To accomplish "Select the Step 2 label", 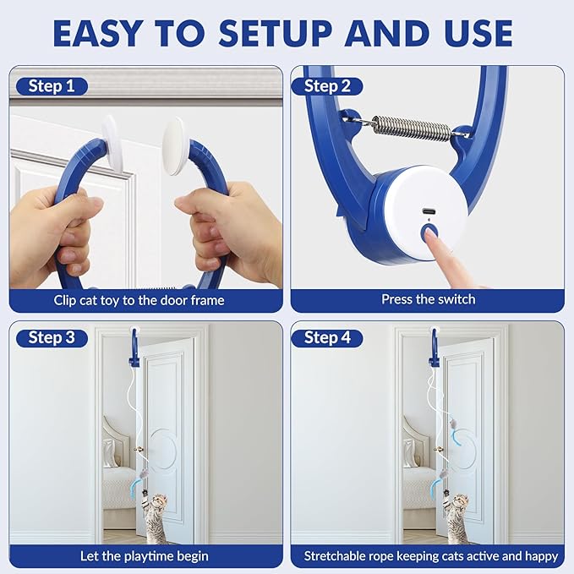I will [327, 86].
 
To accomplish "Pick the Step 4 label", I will [327, 338].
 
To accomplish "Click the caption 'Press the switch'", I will [428, 299].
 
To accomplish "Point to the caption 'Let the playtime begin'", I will [145, 555].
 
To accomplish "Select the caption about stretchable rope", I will [431, 555].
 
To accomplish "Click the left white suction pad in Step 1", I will [111, 134].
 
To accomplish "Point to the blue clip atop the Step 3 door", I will [134, 344].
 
